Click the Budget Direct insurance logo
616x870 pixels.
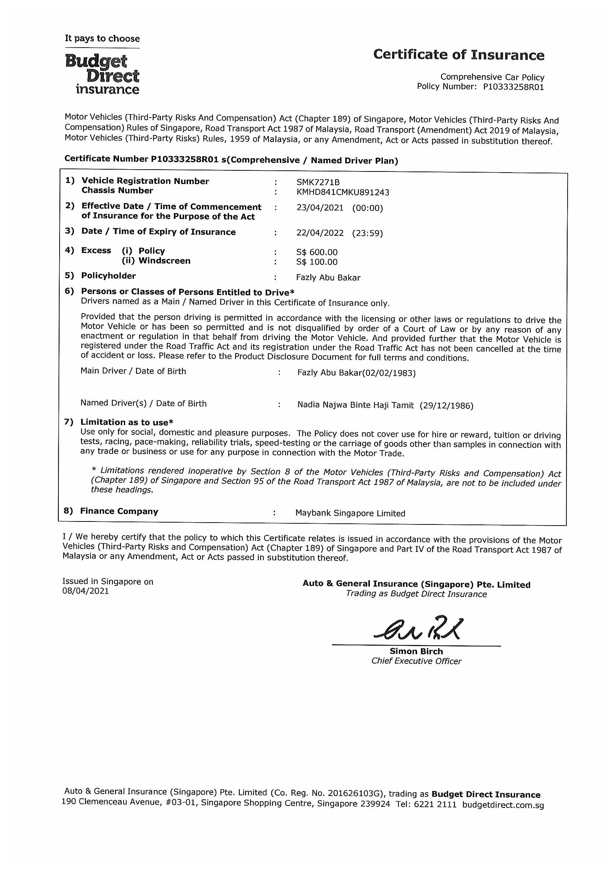(102, 74)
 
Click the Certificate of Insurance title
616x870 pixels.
(458, 55)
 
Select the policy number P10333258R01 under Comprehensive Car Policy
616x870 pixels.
(514, 87)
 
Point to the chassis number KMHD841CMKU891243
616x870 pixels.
(343, 193)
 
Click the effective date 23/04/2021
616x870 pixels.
(320, 208)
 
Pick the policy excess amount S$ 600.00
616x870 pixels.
(317, 252)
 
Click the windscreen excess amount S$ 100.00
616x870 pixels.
(317, 262)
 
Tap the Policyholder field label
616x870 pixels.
(108, 276)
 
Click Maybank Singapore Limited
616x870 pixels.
(350, 513)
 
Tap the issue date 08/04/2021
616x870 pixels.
(85, 591)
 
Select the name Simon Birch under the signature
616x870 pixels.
(416, 651)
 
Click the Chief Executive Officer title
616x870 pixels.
(416, 661)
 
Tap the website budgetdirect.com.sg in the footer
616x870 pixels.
(503, 805)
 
